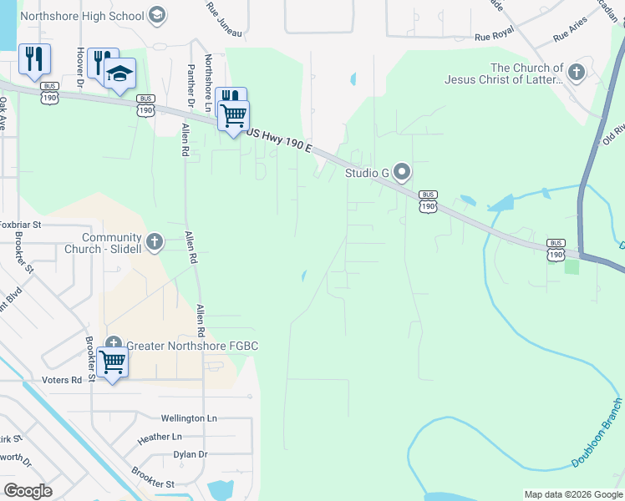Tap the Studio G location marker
(x=402, y=173)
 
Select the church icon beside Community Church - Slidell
(x=154, y=242)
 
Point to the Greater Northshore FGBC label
(x=192, y=346)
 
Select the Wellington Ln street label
(x=189, y=417)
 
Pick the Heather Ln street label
(x=160, y=437)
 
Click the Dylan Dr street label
(x=190, y=454)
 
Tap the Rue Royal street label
(x=494, y=37)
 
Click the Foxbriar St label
(x=20, y=225)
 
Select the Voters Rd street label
(x=65, y=380)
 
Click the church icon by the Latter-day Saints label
(x=576, y=73)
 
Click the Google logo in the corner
(x=28, y=491)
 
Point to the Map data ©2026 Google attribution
(x=572, y=494)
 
